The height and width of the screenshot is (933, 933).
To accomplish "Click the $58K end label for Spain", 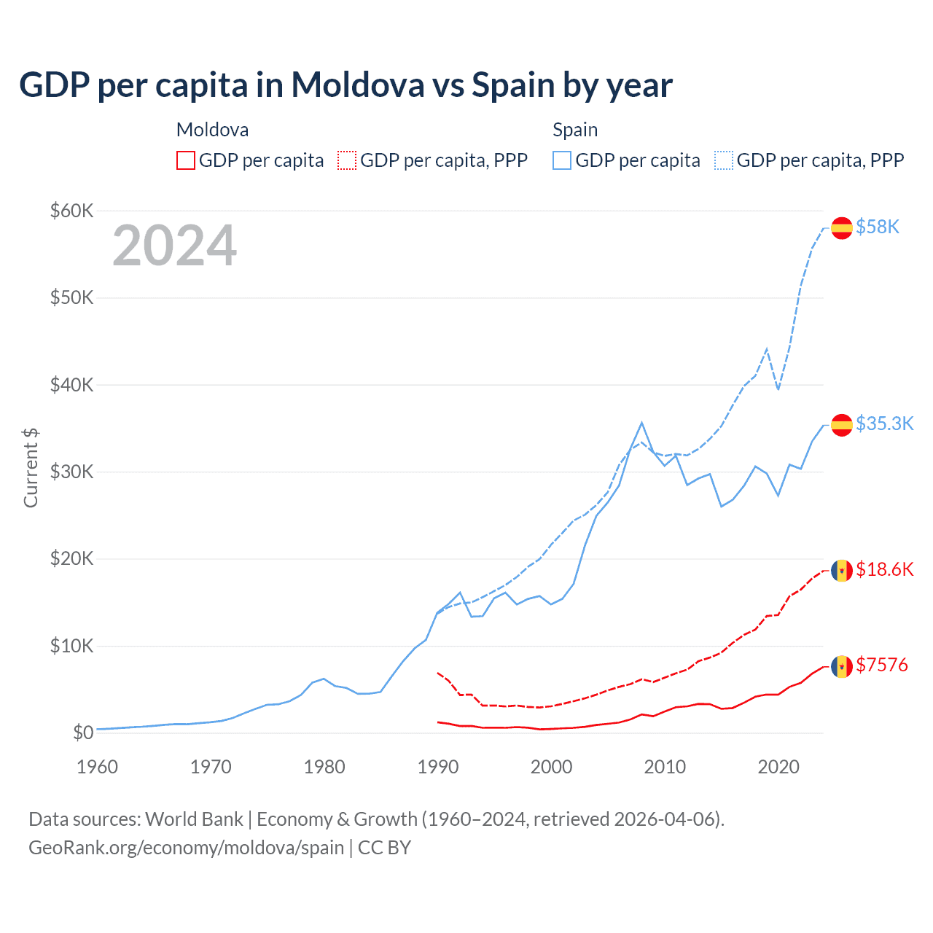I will tap(878, 227).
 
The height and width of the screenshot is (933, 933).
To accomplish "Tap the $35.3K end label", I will tap(884, 424).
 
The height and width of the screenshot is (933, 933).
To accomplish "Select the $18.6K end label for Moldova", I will tap(884, 570).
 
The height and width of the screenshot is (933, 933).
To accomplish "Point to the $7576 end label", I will tap(881, 665).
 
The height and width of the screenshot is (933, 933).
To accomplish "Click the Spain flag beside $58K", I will tap(842, 228).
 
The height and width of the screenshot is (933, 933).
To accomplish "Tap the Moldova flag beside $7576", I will tap(842, 666).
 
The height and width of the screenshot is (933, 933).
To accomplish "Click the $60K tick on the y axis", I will tap(71, 211).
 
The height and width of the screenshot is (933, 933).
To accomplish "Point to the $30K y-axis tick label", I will tap(71, 472).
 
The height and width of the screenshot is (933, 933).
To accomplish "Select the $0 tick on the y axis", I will tap(83, 733).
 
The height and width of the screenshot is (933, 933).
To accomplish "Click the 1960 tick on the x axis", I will tap(97, 768).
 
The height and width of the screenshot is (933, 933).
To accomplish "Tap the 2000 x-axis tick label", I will tap(552, 768).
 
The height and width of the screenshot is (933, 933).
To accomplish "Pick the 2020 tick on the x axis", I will tap(778, 768).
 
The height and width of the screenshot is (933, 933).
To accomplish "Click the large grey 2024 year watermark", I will tap(174, 246).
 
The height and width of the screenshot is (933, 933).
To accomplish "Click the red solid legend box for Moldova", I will tap(186, 160).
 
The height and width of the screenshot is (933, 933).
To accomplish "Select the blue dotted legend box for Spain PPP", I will tap(724, 160).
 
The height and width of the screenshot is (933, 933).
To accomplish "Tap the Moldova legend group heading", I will tap(212, 130).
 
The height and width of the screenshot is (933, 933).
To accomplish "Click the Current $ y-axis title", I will tap(31, 468).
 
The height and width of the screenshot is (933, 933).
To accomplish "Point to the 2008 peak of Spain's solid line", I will tap(641, 423).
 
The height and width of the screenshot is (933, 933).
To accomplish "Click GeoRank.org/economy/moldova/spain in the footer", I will tap(186, 848).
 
